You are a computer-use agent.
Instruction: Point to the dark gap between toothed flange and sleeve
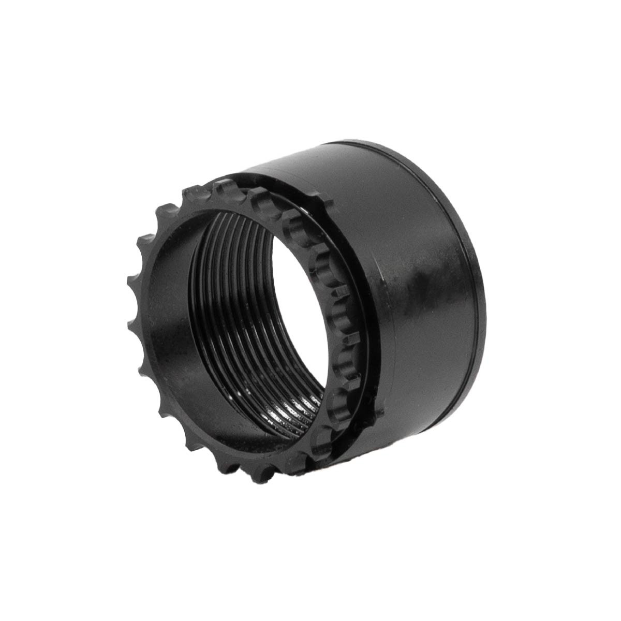click(357, 310)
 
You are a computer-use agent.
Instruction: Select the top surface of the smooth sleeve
click(331, 160)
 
